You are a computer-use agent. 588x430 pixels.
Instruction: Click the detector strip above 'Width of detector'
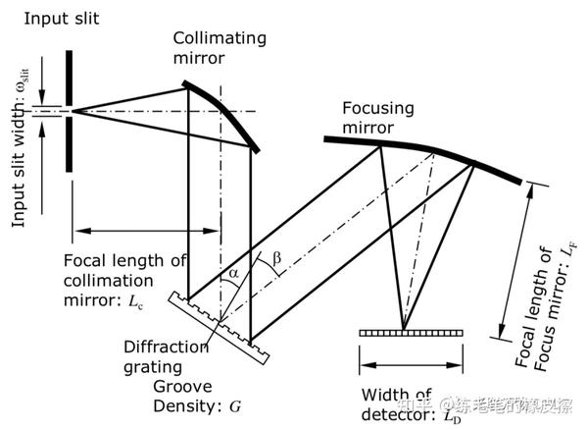coord(402,334)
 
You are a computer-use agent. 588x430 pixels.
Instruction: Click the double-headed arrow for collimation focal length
coord(147,232)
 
